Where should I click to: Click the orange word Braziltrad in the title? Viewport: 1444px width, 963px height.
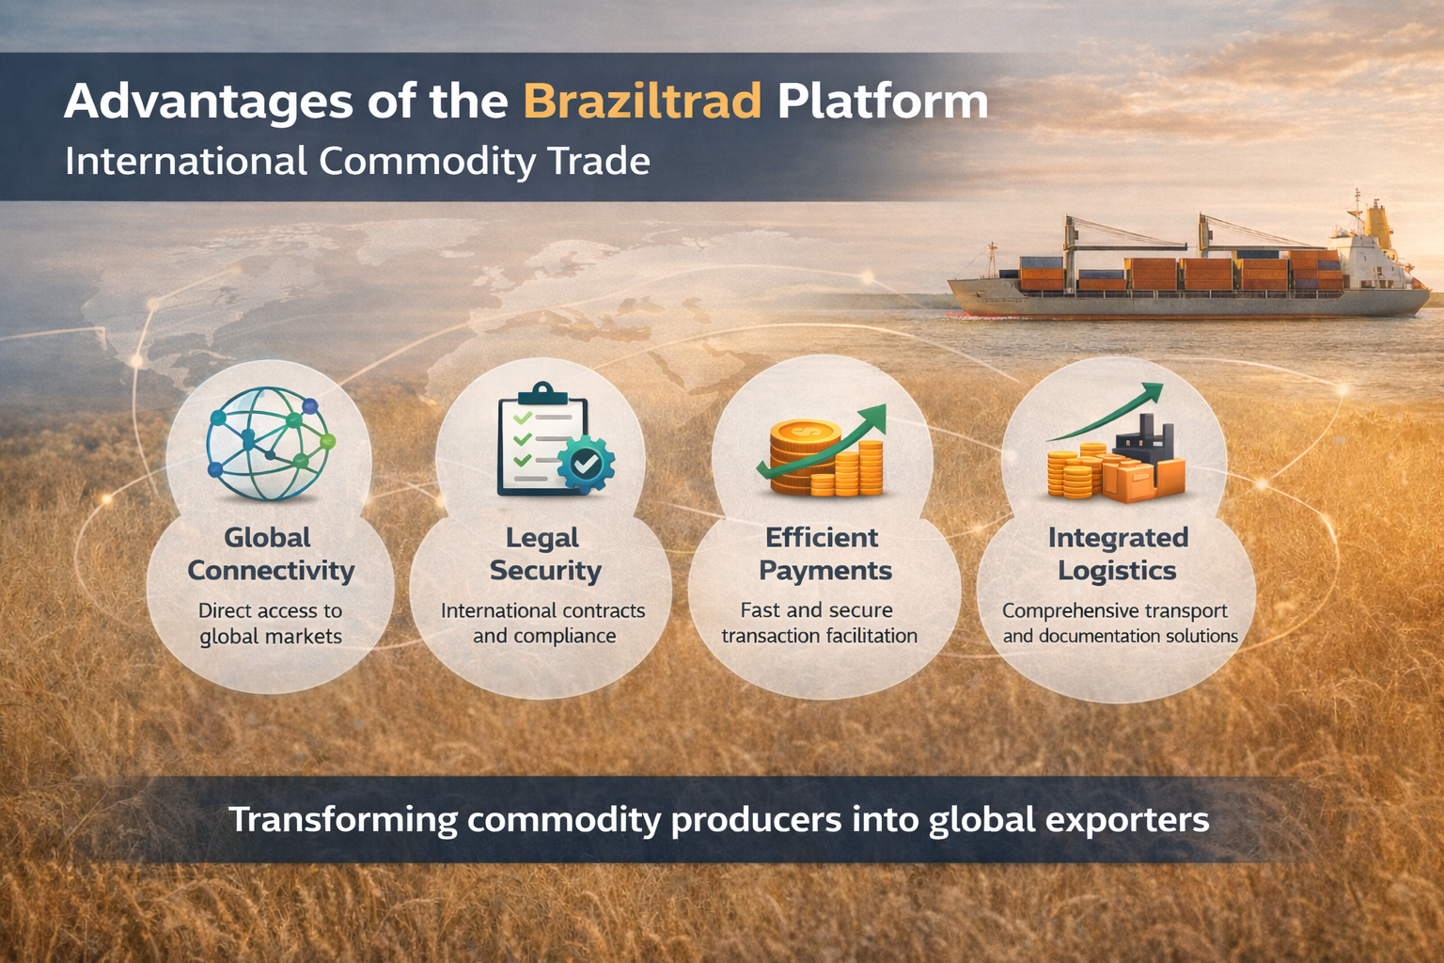pyautogui.click(x=641, y=102)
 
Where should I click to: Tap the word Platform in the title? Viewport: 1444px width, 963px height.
pyautogui.click(x=882, y=102)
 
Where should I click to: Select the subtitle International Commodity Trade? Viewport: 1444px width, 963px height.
pyautogui.click(x=357, y=162)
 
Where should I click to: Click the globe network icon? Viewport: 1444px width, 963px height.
pyautogui.click(x=270, y=443)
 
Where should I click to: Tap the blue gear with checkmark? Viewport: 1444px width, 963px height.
pyautogui.click(x=586, y=463)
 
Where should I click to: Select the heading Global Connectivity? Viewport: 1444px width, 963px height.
pyautogui.click(x=270, y=554)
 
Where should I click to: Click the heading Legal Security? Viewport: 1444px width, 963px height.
pyautogui.click(x=544, y=554)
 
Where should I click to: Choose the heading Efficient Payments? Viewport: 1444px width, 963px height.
pyautogui.click(x=824, y=554)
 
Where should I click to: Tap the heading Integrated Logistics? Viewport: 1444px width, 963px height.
pyautogui.click(x=1118, y=554)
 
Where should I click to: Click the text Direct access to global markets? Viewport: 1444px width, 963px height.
pyautogui.click(x=270, y=624)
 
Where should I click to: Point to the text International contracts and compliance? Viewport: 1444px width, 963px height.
pyautogui.click(x=543, y=624)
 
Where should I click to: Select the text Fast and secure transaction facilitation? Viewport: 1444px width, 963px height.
pyautogui.click(x=819, y=623)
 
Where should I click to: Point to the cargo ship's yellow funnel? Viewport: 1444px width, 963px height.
pyautogui.click(x=1378, y=222)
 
